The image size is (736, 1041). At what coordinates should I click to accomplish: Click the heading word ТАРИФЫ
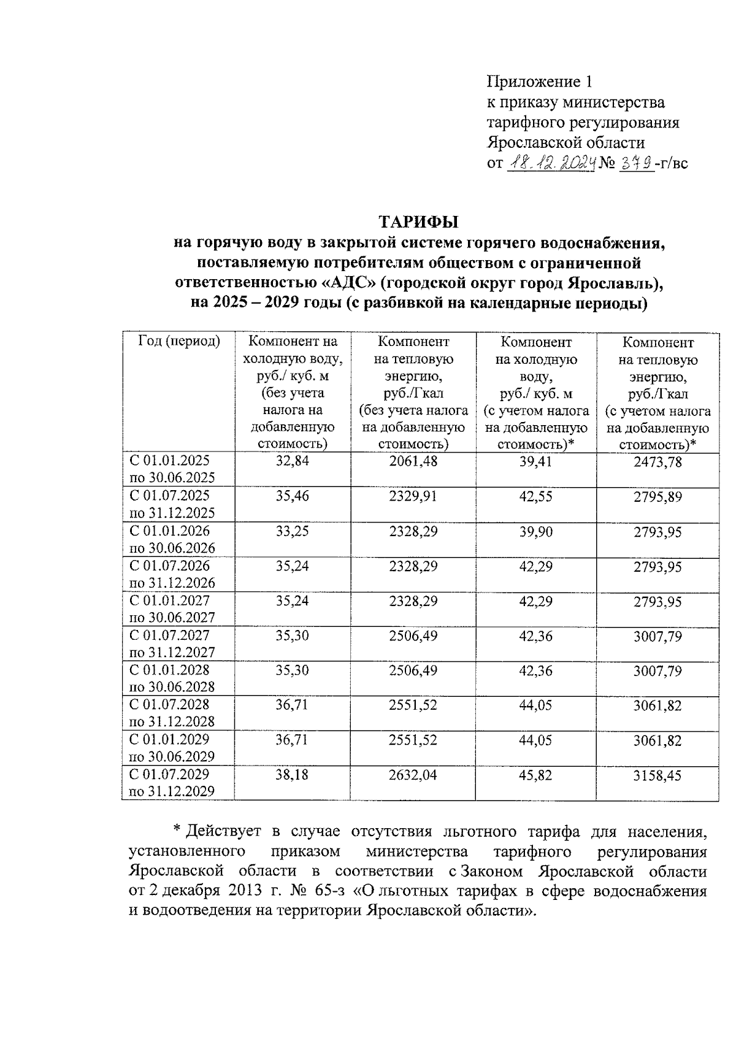418,221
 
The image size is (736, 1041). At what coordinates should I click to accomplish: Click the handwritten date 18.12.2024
551,163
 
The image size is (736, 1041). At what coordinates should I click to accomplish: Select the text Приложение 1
540,82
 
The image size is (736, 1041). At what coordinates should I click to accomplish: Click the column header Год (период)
178,342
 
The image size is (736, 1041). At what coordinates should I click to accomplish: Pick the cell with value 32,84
292,461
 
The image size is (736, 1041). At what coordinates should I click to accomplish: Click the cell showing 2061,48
413,461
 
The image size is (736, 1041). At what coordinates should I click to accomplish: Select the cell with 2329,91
413,496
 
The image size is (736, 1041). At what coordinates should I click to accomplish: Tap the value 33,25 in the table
292,531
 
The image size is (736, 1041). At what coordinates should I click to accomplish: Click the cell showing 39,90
535,532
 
